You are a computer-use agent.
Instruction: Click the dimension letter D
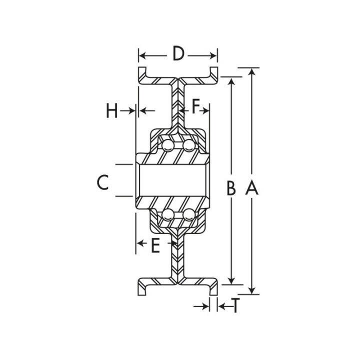coord(178,53)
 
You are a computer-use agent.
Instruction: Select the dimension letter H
coord(111,110)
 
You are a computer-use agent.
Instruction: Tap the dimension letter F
coord(195,105)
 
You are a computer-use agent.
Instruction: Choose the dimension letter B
coord(231,188)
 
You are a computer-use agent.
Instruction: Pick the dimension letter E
coord(155,245)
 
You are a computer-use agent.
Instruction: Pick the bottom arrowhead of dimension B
coord(231,280)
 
